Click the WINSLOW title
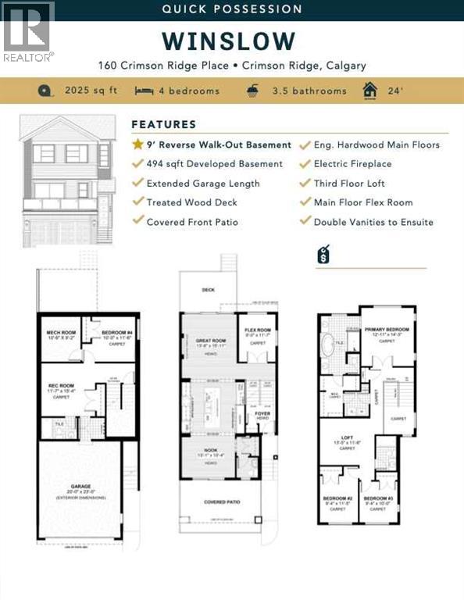[229, 41]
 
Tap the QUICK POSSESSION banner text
[231, 9]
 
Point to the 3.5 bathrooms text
[309, 91]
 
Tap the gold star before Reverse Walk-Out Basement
[137, 145]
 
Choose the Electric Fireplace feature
[352, 164]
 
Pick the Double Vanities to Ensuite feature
[373, 222]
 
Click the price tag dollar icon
[323, 254]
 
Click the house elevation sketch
[66, 181]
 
